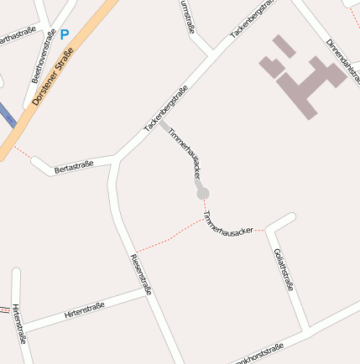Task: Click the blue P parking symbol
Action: point(65,35)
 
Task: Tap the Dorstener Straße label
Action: point(53,76)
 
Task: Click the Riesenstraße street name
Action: point(140,273)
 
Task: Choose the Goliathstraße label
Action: point(284,269)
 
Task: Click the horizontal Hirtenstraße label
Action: point(84,310)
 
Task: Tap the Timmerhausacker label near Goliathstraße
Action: point(227,223)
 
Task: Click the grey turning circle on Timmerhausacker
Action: point(202,194)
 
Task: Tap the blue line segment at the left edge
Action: point(6,117)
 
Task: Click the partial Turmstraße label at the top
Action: point(187,18)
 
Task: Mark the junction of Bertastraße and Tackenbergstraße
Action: point(116,159)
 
